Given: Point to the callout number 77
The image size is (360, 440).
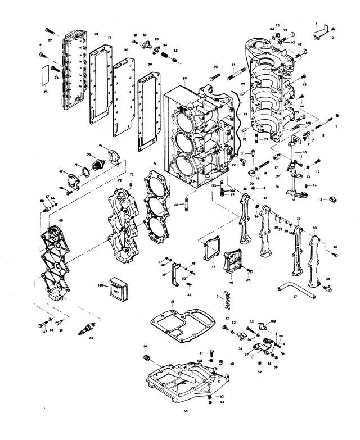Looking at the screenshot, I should point(49,40).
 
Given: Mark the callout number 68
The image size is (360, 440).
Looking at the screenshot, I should point(60,220).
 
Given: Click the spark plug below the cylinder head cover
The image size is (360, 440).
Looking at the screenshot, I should point(88,329).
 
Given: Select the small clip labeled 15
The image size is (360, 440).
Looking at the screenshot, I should point(331,199).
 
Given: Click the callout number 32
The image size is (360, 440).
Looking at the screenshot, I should point(299,217).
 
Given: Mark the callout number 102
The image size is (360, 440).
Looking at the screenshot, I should point(273,321).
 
